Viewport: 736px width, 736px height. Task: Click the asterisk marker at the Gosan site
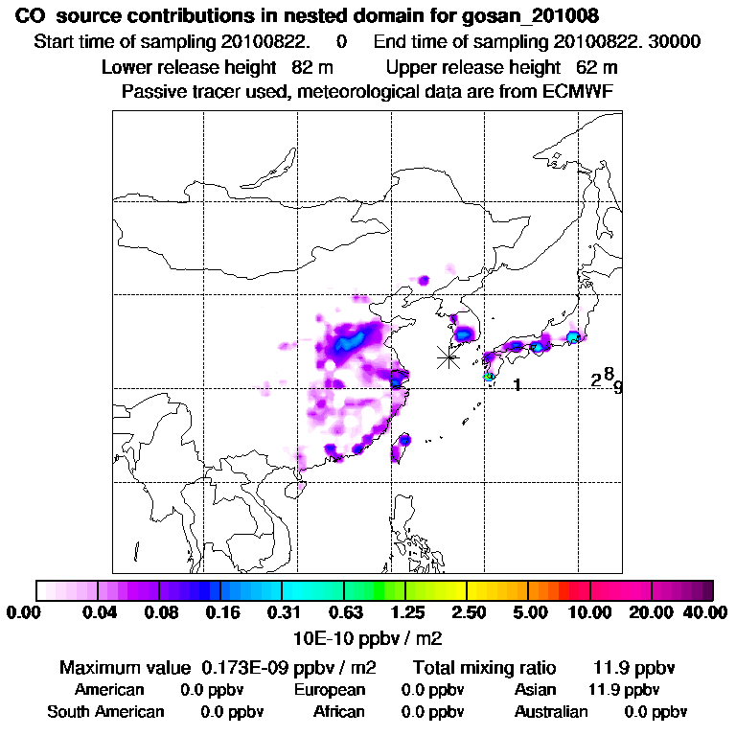coord(448,357)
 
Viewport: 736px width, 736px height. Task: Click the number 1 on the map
coord(517,385)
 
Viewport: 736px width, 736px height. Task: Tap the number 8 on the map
coord(609,373)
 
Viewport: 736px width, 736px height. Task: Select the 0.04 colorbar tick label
coord(100,612)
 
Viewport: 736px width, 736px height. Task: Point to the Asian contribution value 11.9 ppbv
coord(623,690)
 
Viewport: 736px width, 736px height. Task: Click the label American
coord(109,690)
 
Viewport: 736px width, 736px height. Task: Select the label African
coord(339,712)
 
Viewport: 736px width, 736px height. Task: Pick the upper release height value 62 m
coord(597,67)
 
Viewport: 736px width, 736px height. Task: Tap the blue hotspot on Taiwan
coord(404,440)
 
